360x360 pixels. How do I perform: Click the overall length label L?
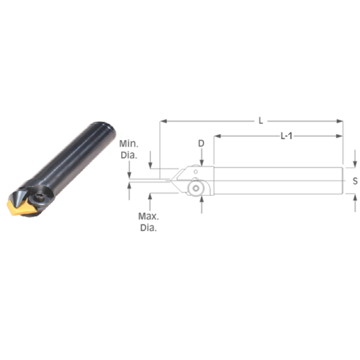[261, 120]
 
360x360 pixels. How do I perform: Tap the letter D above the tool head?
[202, 143]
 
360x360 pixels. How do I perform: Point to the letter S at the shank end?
[354, 181]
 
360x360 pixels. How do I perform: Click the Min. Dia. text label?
[128, 150]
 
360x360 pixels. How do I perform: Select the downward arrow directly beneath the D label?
[202, 161]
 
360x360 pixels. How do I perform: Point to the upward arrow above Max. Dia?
[151, 196]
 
